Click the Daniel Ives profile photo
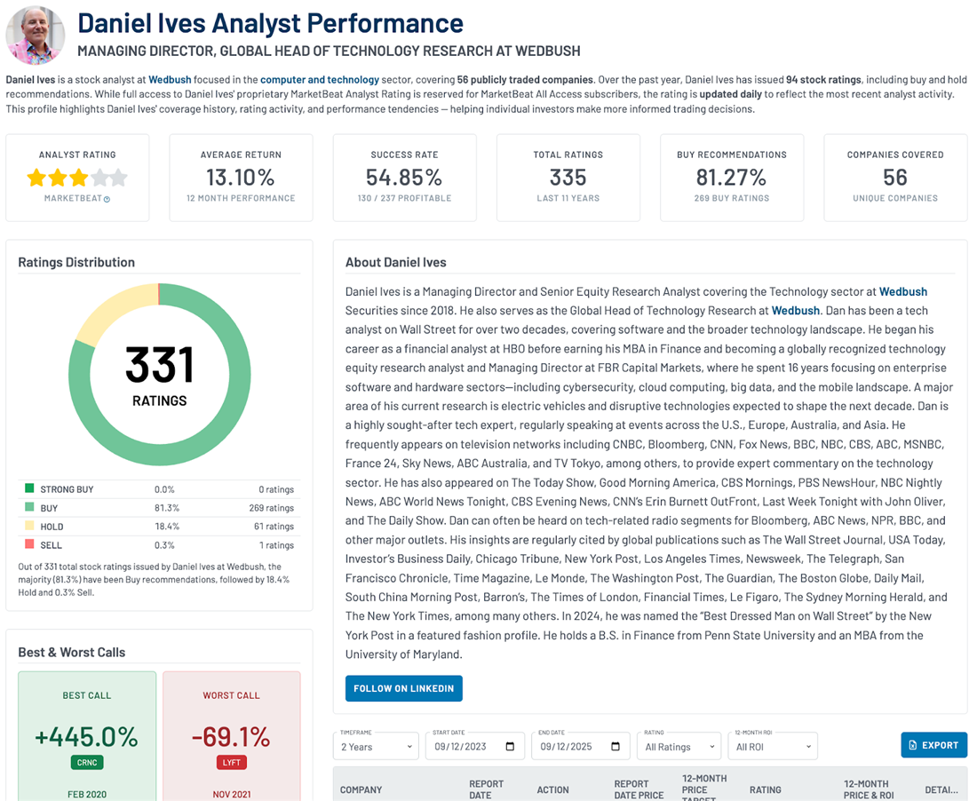click(x=36, y=36)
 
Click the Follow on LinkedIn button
click(x=403, y=688)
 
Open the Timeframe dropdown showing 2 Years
click(x=376, y=746)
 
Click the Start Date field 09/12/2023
click(x=474, y=746)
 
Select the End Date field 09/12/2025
click(x=580, y=746)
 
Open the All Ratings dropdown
click(x=679, y=746)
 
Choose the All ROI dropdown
click(x=771, y=746)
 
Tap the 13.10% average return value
click(x=241, y=178)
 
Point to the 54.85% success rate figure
click(x=404, y=178)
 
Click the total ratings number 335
click(x=568, y=178)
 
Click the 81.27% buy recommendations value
click(x=731, y=178)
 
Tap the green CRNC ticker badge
click(x=87, y=762)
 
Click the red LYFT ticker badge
click(x=231, y=762)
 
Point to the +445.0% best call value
click(x=87, y=736)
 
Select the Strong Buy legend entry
click(x=67, y=489)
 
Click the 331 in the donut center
click(x=159, y=365)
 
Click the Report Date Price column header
click(x=639, y=789)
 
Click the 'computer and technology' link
click(x=320, y=80)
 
